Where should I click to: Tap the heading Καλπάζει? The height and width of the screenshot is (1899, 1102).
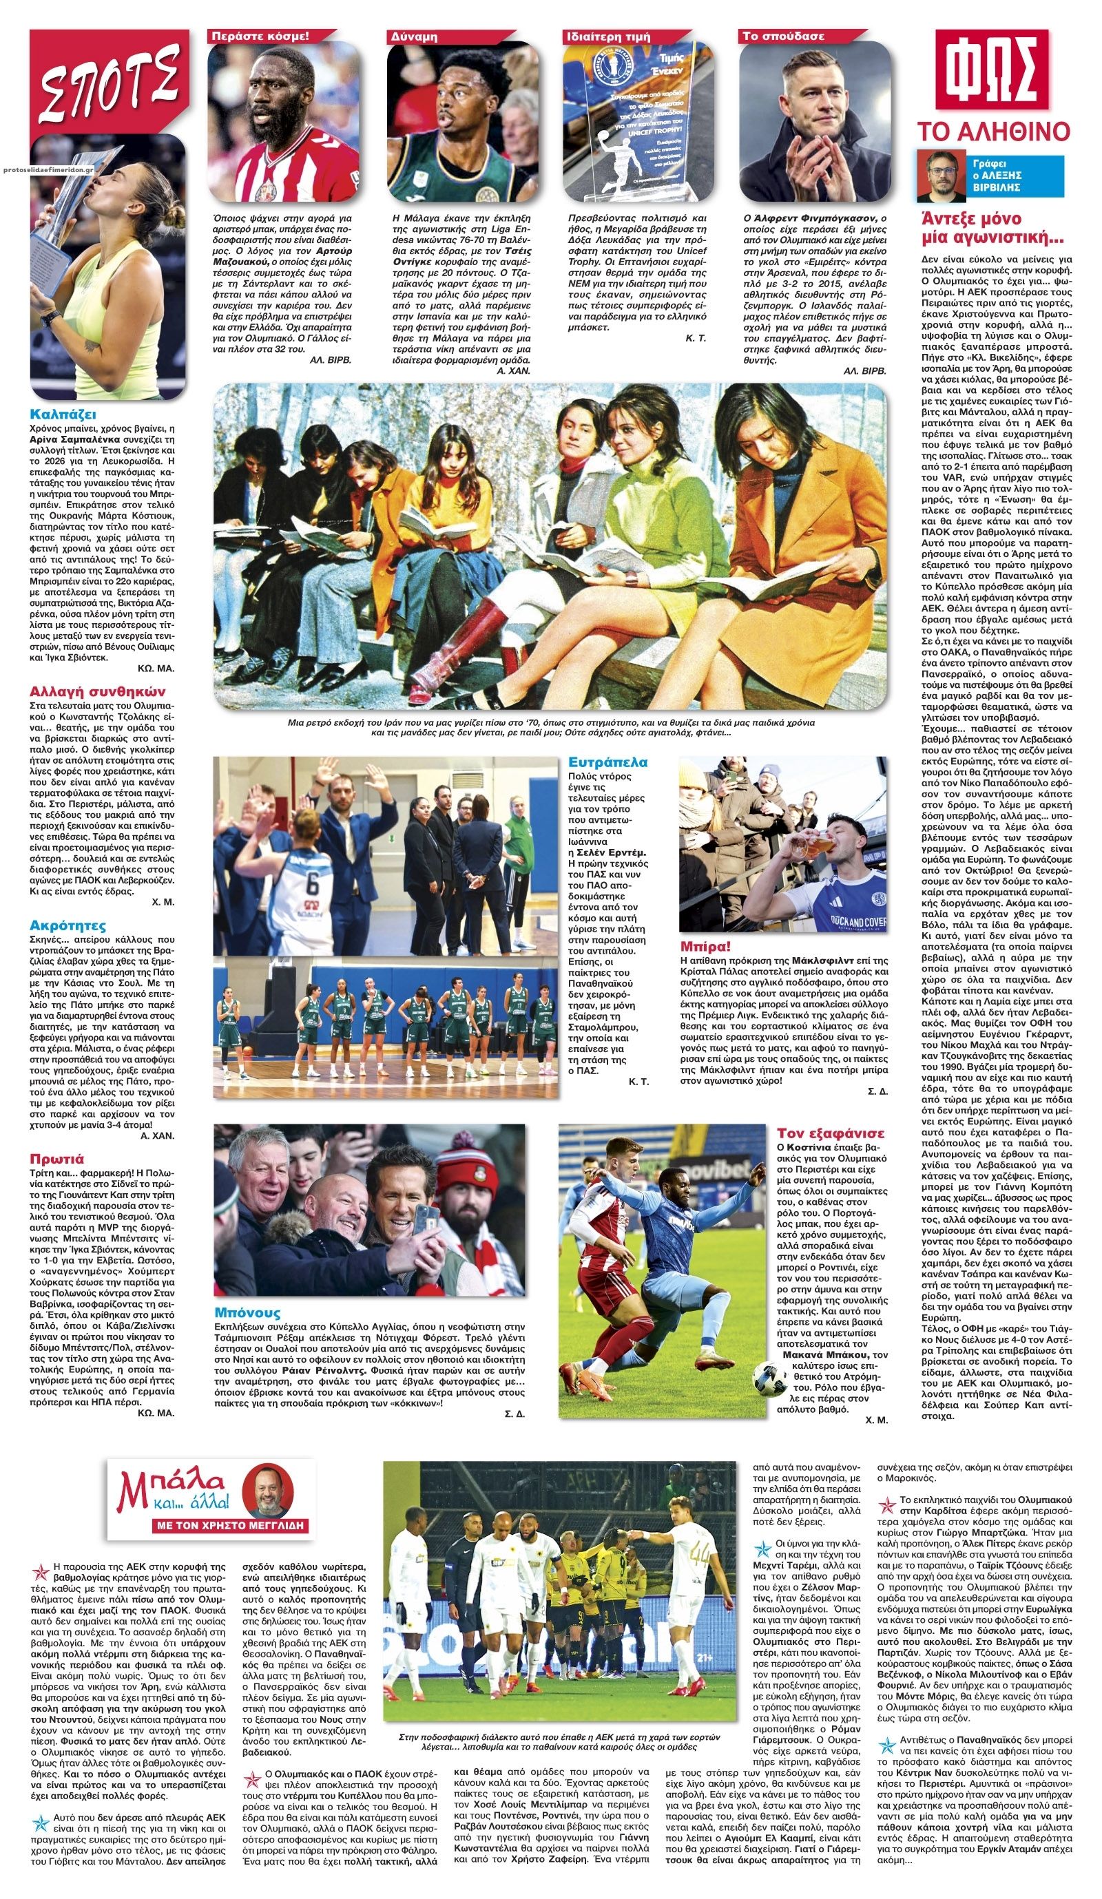click(63, 414)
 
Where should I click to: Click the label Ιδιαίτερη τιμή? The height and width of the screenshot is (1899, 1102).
click(607, 35)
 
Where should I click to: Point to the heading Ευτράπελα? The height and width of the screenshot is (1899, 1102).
click(607, 762)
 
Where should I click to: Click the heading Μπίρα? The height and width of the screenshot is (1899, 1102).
click(705, 946)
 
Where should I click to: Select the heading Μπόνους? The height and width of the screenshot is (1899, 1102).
click(247, 1312)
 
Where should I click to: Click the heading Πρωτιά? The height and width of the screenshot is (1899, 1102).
click(56, 1159)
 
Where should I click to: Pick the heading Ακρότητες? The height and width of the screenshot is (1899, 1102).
click(67, 925)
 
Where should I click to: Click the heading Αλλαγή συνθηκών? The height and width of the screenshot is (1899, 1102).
click(97, 691)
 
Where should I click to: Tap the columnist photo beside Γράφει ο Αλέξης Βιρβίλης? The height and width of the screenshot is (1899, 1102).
click(941, 176)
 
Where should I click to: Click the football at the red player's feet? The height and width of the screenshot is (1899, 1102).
click(769, 1378)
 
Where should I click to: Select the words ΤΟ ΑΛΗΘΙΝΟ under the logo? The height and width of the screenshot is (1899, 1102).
click(992, 131)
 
